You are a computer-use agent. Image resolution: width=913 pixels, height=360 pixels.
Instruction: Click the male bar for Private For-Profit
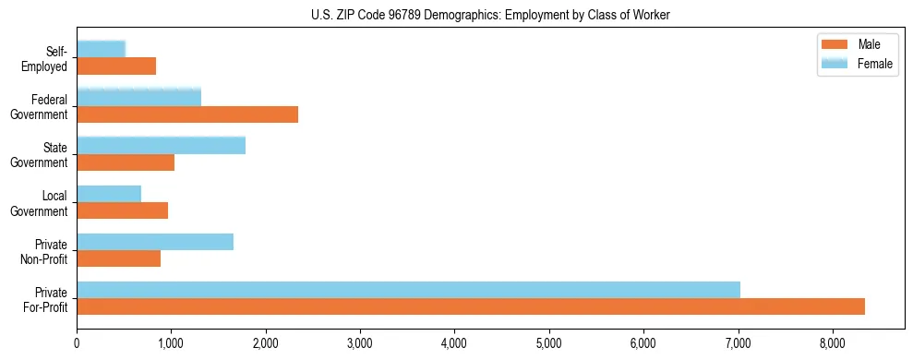point(471,306)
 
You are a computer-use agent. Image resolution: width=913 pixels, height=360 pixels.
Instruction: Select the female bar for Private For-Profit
point(408,290)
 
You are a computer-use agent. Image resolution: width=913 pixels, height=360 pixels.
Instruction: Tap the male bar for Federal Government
point(187,114)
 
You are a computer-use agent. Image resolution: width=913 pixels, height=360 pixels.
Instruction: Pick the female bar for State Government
point(162,146)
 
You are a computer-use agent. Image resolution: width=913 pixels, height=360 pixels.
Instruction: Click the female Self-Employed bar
point(102,50)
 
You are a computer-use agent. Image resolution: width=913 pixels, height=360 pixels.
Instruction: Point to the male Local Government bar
point(123,210)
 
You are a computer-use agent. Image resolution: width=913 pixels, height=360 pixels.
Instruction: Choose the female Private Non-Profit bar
point(155,242)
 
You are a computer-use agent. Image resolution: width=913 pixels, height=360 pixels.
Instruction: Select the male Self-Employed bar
point(116,66)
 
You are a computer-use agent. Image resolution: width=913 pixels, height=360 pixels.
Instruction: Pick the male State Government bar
point(126,162)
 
